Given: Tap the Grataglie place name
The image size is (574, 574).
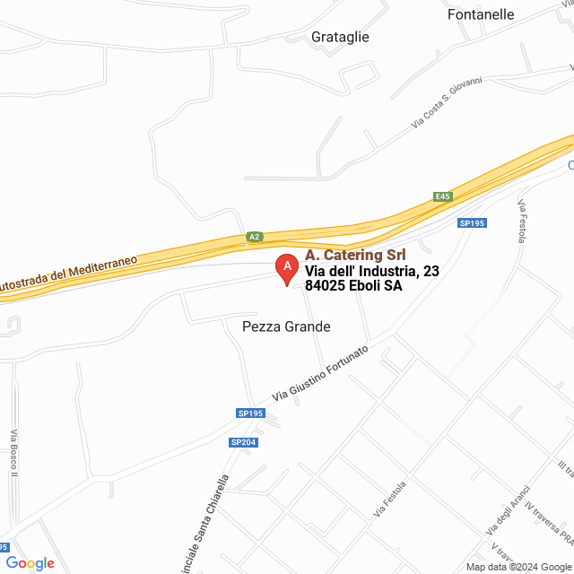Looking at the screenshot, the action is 340,37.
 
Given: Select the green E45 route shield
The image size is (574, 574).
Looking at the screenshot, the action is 442,196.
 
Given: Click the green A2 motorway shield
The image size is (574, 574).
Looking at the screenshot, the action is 255,237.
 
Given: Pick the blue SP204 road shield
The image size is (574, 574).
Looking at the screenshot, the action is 243,442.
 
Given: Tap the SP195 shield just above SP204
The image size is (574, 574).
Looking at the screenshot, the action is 251,413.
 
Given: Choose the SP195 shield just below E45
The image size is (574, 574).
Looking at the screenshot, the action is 472,222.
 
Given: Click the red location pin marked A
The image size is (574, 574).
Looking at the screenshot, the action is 286,269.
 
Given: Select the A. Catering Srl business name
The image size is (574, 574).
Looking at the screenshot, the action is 354,255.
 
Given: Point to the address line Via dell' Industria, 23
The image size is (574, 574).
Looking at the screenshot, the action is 372,271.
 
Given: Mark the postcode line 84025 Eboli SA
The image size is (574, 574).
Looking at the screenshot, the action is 353,286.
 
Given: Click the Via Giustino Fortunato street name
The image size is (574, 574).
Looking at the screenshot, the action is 320,372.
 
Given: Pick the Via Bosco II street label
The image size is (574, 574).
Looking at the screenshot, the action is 13,454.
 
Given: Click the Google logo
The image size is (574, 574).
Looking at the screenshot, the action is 30,563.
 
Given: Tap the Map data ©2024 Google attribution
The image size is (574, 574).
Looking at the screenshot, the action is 518,566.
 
